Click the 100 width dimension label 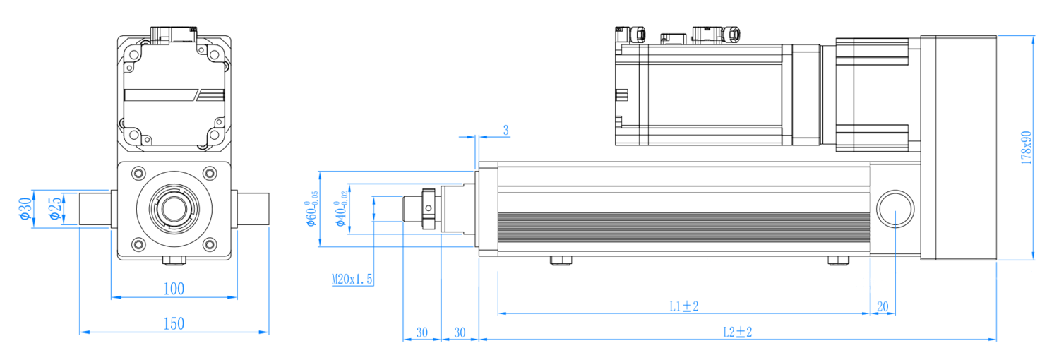(x=174, y=289)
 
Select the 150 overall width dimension (x=174, y=323)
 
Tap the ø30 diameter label (x=25, y=209)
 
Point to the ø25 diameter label (x=55, y=209)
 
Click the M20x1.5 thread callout (x=352, y=280)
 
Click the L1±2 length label (x=683, y=306)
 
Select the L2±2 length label (x=738, y=332)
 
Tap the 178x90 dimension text (x=1026, y=148)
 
